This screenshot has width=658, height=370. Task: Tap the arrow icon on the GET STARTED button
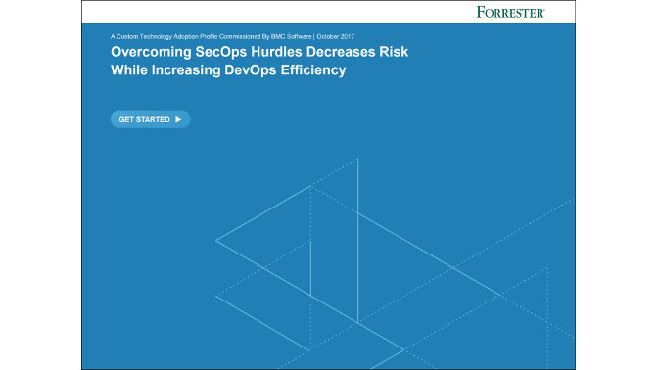pyautogui.click(x=177, y=119)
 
